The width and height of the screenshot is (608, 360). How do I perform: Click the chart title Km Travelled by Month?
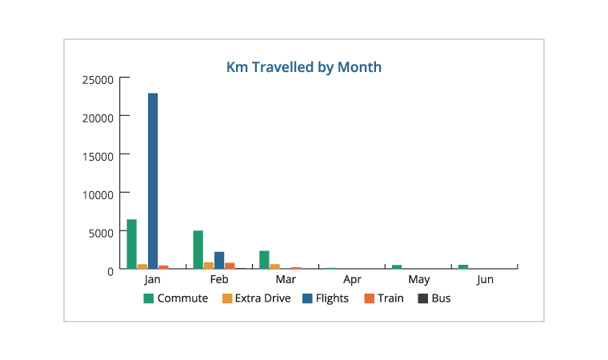(304, 67)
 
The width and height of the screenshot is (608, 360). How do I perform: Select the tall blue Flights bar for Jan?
(153, 181)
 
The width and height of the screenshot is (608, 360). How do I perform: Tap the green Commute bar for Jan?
(132, 244)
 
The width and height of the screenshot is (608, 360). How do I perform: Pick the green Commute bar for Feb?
(198, 250)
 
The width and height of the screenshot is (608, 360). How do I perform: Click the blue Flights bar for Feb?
(219, 260)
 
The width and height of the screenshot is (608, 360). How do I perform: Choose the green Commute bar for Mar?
(265, 260)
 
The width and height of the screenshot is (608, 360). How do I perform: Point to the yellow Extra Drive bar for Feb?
(209, 266)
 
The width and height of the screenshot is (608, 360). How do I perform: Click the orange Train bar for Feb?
(230, 266)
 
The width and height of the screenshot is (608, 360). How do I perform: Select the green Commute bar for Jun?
(463, 266)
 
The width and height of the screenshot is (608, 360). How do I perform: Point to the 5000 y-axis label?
(103, 232)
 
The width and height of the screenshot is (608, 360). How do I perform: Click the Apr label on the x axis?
(352, 280)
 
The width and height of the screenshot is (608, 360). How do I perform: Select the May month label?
(418, 280)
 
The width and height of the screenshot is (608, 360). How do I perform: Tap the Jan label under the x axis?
(153, 280)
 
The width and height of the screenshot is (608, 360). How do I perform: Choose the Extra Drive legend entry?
(261, 298)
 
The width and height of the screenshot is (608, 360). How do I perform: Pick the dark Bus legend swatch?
(422, 298)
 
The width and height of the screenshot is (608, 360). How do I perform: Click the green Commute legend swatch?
(149, 298)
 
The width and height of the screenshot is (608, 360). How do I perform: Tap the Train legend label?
(390, 298)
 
